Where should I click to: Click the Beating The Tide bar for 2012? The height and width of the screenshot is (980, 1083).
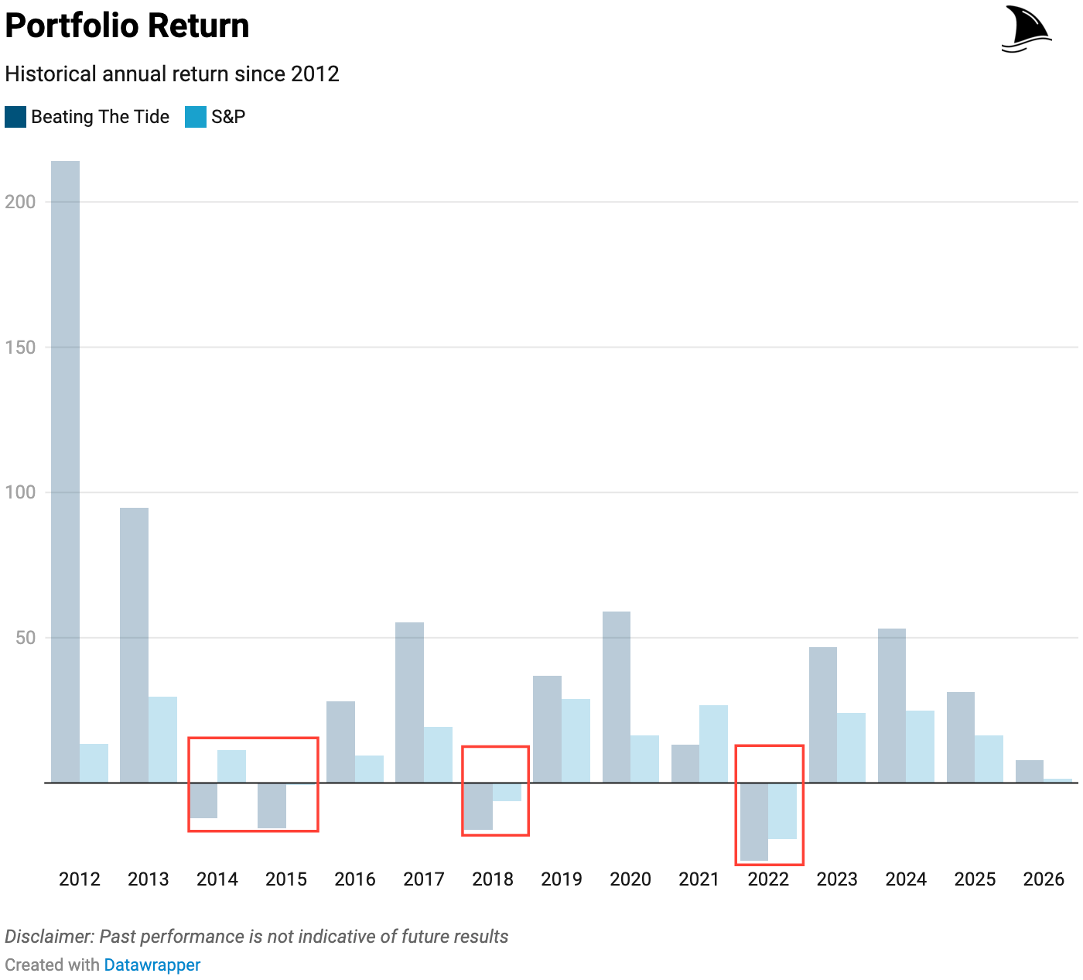pos(65,472)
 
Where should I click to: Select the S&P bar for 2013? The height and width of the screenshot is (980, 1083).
pos(162,739)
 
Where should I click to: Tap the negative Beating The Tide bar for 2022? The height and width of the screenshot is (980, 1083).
pos(754,821)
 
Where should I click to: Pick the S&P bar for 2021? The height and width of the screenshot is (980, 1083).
pos(713,744)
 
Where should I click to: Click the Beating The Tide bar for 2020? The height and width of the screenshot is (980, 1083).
pos(617,697)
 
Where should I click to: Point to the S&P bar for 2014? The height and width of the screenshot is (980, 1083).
pos(231,766)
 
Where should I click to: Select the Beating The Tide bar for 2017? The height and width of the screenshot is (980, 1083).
pos(409,702)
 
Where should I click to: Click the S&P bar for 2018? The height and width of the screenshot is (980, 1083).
pos(507,792)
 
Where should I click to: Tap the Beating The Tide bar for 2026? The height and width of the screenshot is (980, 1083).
pos(1029,771)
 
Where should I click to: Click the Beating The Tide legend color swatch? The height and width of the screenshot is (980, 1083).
pos(15,117)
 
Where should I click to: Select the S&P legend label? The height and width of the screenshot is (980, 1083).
pos(228,117)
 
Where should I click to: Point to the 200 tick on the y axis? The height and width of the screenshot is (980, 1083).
pos(20,202)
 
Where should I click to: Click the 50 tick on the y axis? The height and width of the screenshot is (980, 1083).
pos(26,638)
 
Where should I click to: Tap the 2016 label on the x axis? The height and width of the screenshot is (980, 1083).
pos(355,879)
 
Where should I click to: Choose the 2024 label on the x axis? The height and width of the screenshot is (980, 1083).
pos(906,879)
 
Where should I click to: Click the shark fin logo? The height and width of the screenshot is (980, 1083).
pos(1026,29)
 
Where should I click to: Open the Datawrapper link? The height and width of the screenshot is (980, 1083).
pos(152,965)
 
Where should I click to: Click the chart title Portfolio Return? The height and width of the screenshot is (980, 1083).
pos(128,26)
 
